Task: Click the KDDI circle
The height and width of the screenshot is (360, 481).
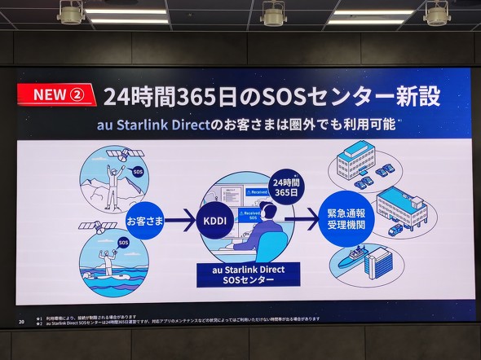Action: tap(216, 220)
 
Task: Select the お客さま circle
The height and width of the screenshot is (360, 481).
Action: tap(145, 220)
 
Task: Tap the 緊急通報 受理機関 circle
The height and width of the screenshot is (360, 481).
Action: tap(345, 218)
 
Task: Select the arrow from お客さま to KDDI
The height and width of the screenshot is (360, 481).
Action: tap(181, 220)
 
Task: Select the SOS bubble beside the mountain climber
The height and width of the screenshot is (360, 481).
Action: tap(138, 172)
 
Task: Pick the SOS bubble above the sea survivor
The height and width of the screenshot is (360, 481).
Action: tap(123, 242)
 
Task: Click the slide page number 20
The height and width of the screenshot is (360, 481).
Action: tap(21, 322)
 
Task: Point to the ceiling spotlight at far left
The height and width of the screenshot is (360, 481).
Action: tap(71, 12)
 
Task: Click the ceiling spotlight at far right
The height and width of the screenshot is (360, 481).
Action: tap(437, 12)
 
